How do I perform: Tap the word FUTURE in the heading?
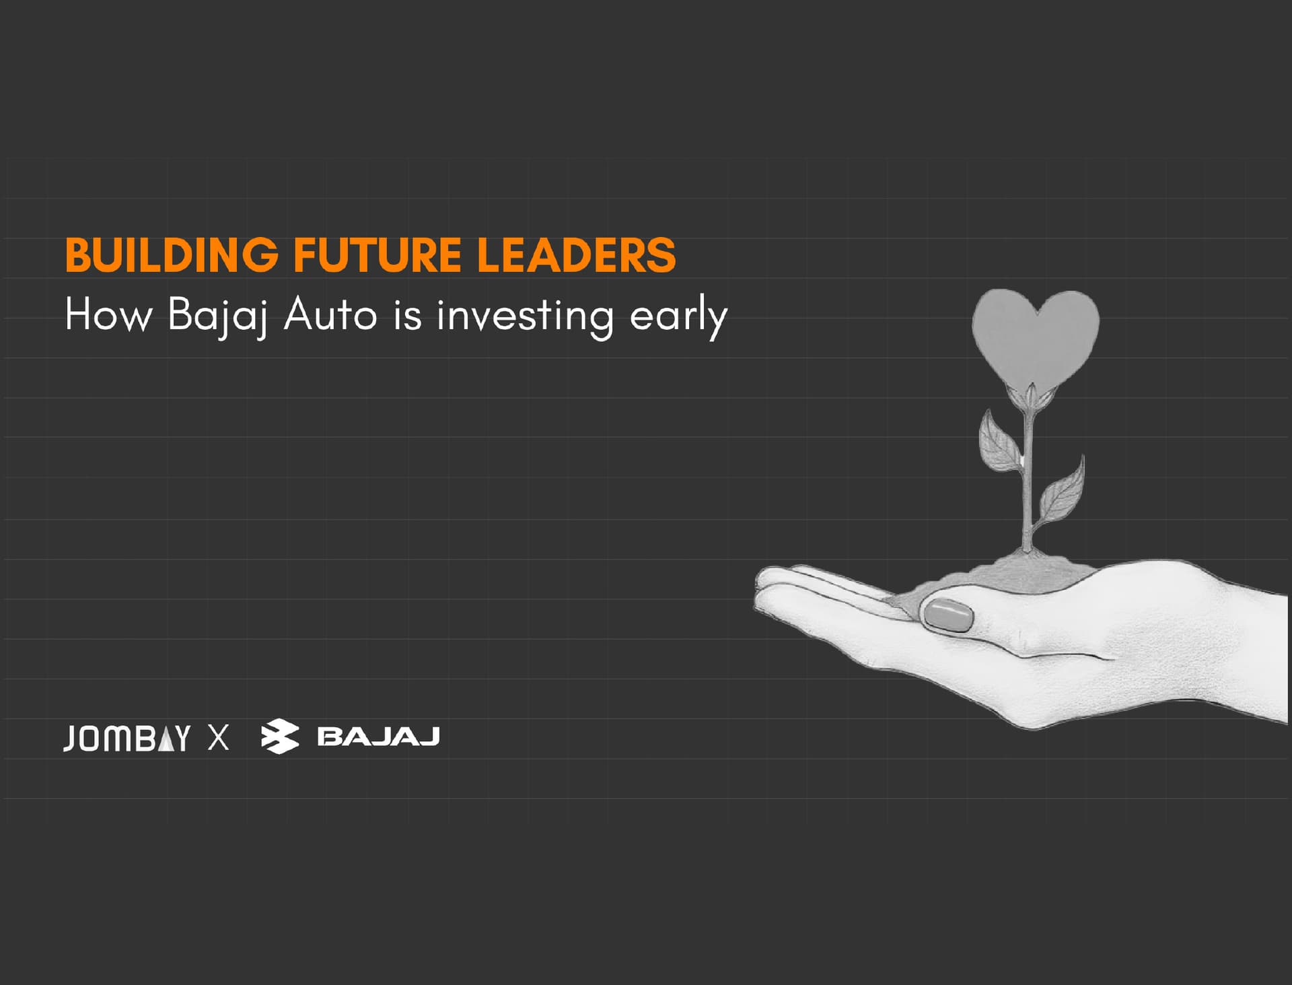(377, 255)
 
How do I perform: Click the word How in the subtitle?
(108, 314)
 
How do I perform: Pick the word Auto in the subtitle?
(330, 314)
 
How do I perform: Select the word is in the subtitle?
(408, 314)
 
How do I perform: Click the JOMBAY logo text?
(127, 738)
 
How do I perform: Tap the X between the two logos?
(218, 738)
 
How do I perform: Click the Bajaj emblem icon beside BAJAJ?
(280, 737)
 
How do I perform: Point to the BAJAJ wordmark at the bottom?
(378, 737)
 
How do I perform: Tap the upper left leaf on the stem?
(998, 441)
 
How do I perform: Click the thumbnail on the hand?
(949, 615)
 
